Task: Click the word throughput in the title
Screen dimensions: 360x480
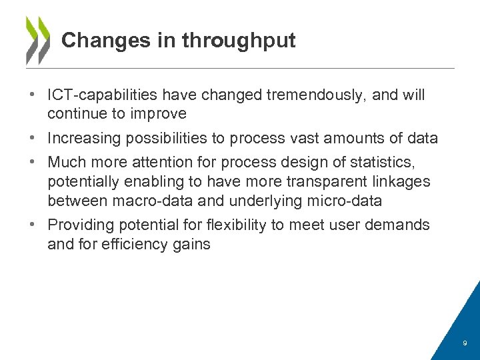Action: [239, 41]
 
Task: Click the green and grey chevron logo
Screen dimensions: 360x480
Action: [37, 40]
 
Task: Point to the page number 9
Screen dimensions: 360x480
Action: [465, 344]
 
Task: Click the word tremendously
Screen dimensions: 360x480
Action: [315, 95]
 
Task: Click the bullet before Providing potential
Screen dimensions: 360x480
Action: [33, 225]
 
